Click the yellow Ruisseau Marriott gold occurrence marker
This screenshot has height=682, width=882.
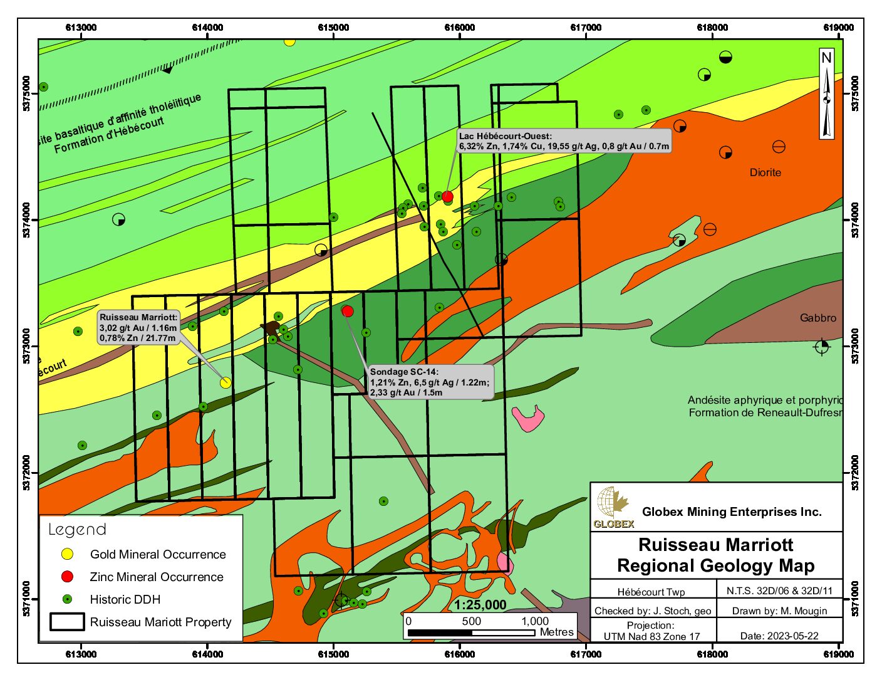(x=226, y=382)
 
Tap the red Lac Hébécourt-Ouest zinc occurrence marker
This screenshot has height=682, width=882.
(x=447, y=197)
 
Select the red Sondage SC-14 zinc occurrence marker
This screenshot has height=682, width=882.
(x=348, y=311)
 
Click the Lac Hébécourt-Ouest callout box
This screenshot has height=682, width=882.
(x=564, y=141)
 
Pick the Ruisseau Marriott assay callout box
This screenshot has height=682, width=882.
(x=139, y=328)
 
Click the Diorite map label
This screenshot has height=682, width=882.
(x=765, y=172)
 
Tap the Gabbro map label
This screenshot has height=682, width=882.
(x=817, y=318)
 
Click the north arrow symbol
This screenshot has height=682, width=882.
(x=827, y=94)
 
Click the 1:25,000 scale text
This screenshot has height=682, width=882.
(x=480, y=605)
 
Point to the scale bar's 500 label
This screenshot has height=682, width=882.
(x=471, y=621)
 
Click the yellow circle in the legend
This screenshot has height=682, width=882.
(x=67, y=554)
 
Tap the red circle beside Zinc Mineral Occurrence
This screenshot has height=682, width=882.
(x=67, y=577)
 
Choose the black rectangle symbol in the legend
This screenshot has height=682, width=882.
(x=67, y=622)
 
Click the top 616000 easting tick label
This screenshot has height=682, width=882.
(x=459, y=28)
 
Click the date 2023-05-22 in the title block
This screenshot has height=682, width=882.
(x=779, y=636)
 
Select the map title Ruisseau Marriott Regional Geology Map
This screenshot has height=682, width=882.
(x=716, y=555)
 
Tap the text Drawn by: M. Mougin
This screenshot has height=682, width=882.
(x=779, y=611)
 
